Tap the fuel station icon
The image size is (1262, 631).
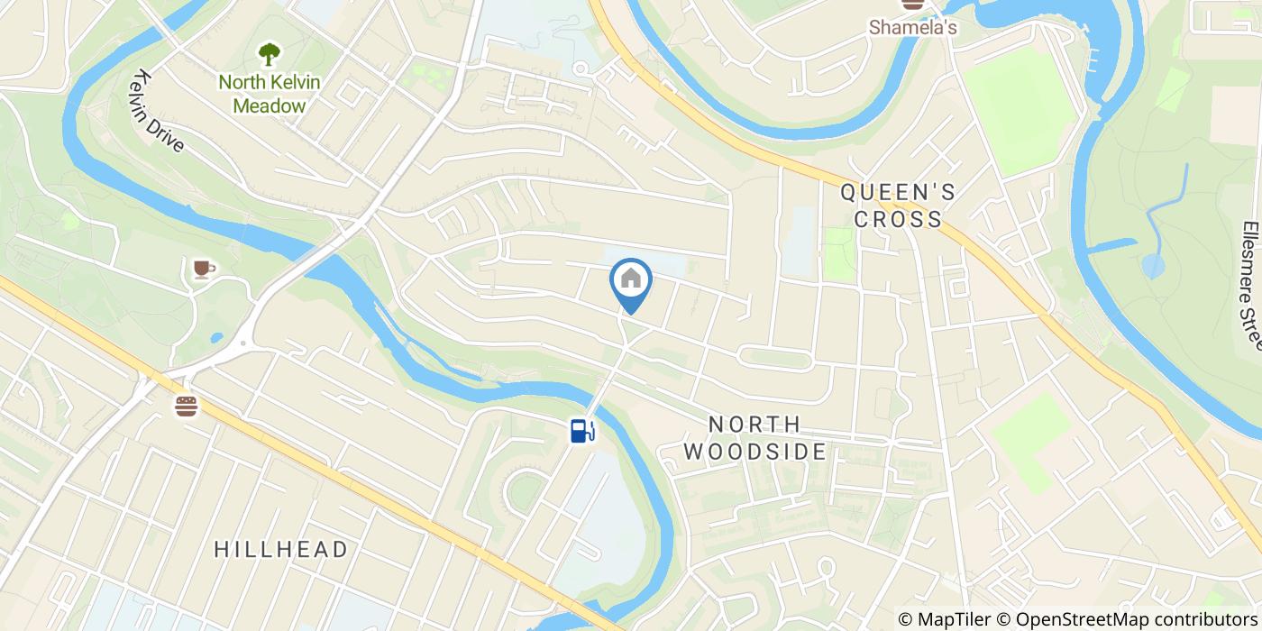pos(581,430)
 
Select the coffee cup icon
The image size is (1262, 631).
pos(202,269)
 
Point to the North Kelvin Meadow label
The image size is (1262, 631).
pos(270,94)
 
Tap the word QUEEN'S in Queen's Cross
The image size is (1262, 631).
pos(898,192)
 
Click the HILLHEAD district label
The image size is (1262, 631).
pos(281,549)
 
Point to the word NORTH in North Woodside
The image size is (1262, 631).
pos(754,424)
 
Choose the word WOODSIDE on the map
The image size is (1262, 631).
pos(754,451)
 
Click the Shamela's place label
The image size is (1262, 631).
pos(912,28)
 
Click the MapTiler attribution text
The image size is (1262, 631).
pos(946,619)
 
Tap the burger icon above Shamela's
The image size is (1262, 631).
pos(913,5)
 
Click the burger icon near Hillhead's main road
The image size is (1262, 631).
pos(187,407)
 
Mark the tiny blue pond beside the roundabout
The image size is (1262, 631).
pos(216,339)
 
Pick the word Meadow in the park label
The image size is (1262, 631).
pos(270,105)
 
